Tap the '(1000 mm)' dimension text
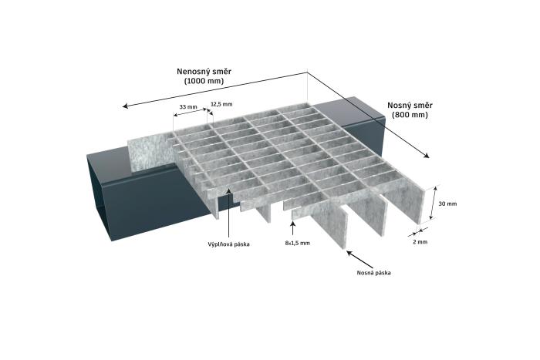click(x=204, y=81)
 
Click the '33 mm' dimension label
click(x=187, y=106)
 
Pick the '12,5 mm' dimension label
click(x=222, y=103)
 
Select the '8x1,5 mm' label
click(x=297, y=243)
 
